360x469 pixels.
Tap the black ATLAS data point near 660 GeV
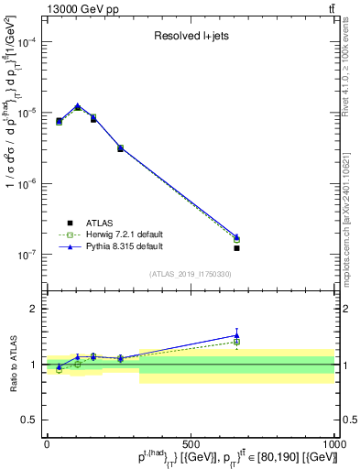(236, 248)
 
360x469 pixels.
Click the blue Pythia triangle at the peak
(78, 105)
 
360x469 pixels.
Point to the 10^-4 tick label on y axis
(26, 42)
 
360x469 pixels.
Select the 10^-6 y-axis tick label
(26, 184)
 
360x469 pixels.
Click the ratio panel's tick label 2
(33, 309)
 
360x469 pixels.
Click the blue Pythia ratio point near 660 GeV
(236, 335)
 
